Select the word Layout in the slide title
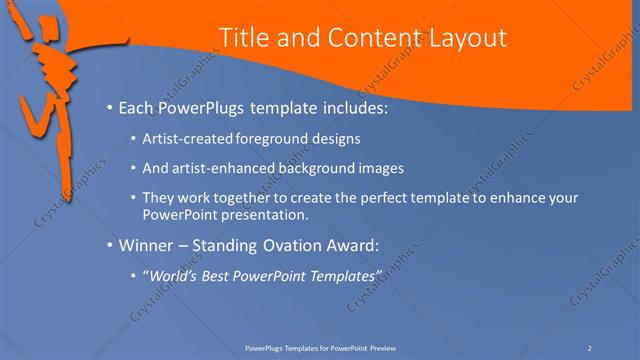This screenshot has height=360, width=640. pos(464,38)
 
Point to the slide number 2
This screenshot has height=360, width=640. pos(590,347)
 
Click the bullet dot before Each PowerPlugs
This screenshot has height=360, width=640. pos(108,106)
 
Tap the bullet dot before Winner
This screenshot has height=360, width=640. pos(108,243)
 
